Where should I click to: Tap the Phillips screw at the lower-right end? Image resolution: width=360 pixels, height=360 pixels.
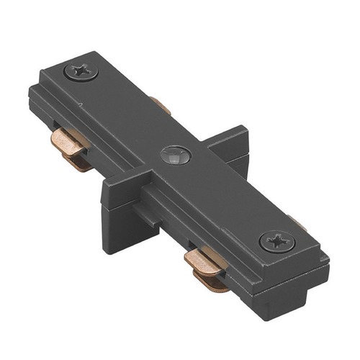275,240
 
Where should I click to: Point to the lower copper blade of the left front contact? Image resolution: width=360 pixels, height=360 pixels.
76,163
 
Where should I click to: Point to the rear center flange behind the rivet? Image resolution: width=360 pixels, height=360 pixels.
227,144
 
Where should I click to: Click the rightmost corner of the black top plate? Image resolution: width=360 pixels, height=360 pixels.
328,253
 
